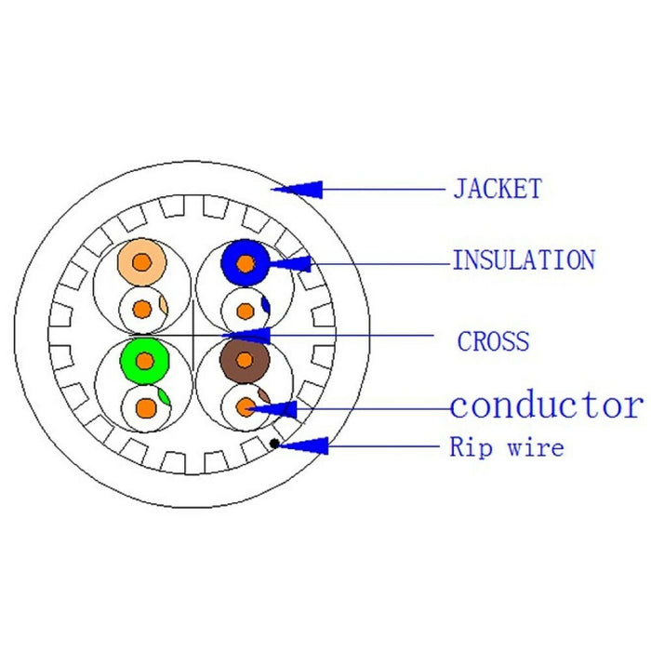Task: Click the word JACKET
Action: pos(497,189)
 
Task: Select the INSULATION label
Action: pos(523,260)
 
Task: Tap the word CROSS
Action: pos(493,341)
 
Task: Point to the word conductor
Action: pos(546,405)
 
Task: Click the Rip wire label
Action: pos(507,447)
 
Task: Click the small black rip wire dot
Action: pos(275,443)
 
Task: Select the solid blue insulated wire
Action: pos(245,263)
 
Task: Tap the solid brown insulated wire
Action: pos(246,359)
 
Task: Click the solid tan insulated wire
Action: pos(141,263)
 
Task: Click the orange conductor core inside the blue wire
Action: pos(245,264)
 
